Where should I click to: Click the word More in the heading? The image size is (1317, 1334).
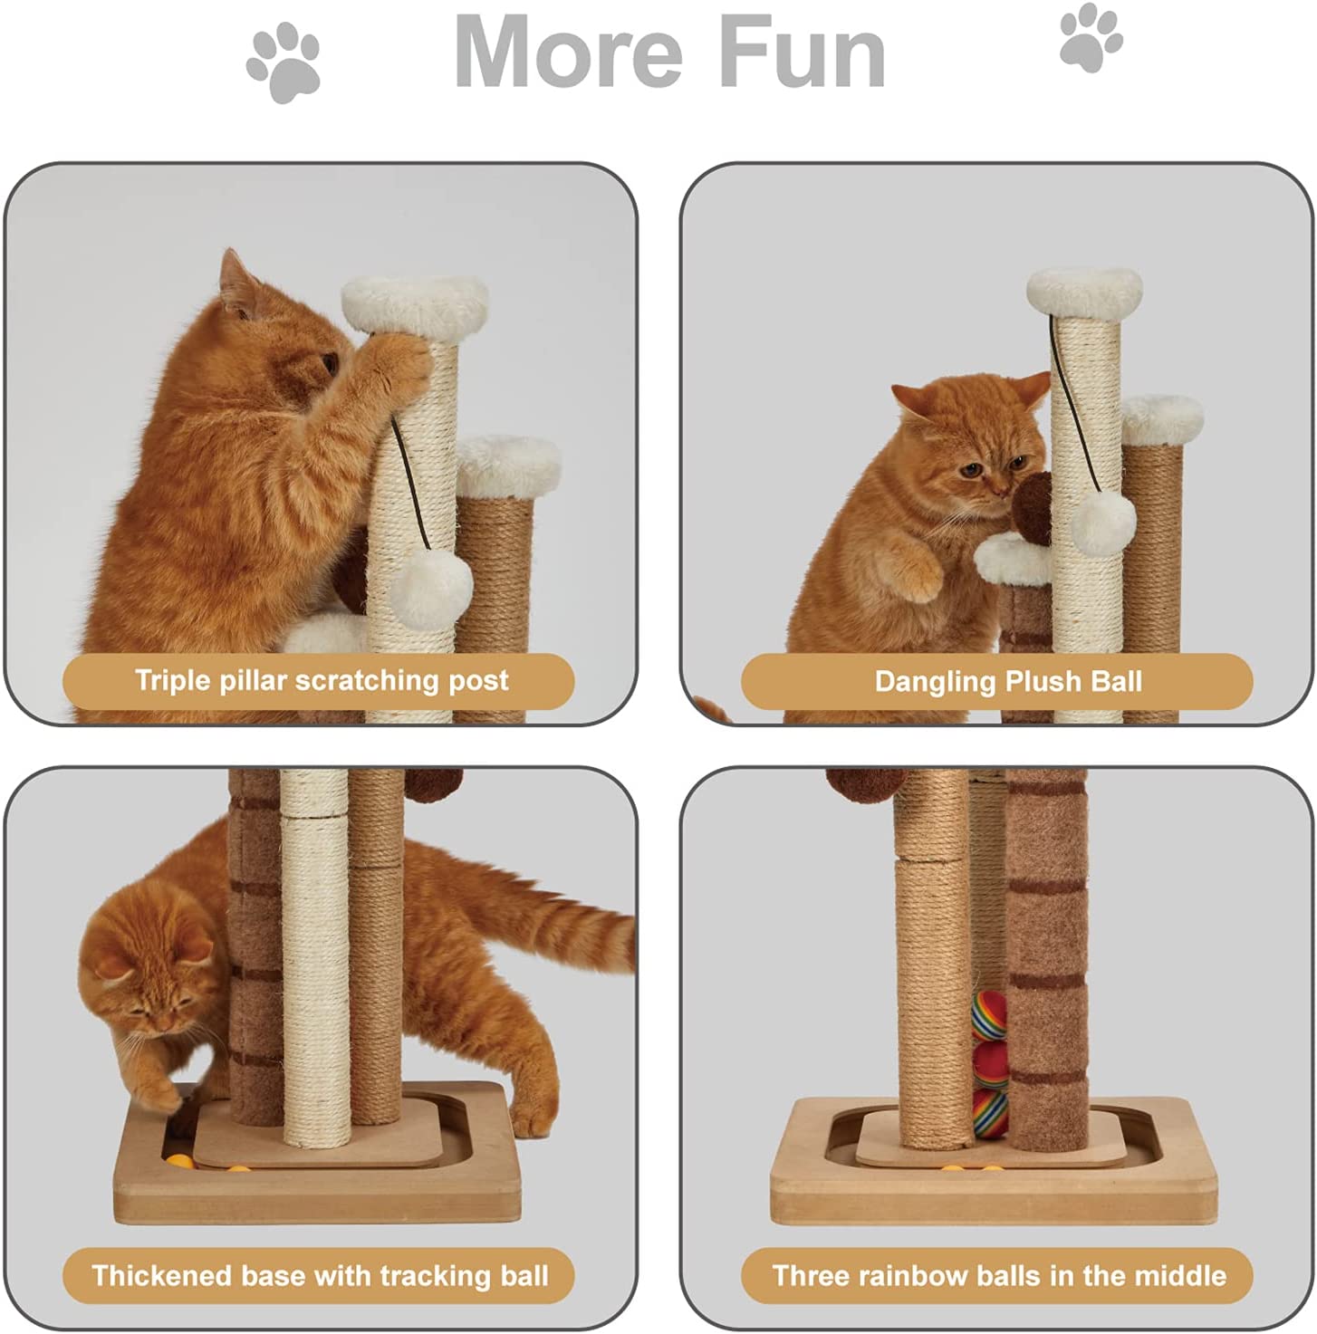point(569,52)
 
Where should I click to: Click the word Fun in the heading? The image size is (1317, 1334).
point(803,52)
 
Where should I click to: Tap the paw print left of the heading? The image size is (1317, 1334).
point(284,62)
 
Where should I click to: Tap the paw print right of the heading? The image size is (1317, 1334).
point(1091,37)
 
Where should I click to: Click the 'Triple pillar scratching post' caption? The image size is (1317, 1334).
point(322,680)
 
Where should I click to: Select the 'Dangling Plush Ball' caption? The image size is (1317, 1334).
point(1008,682)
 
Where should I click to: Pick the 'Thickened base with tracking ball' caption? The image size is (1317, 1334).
point(320,1275)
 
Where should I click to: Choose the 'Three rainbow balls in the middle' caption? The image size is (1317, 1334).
point(999,1275)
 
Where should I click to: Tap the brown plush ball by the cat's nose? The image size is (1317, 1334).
point(1032,509)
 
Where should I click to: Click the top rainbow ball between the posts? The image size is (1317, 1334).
point(989,1015)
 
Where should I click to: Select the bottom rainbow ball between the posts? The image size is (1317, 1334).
point(991,1112)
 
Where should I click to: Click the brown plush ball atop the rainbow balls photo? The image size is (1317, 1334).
point(858,783)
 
